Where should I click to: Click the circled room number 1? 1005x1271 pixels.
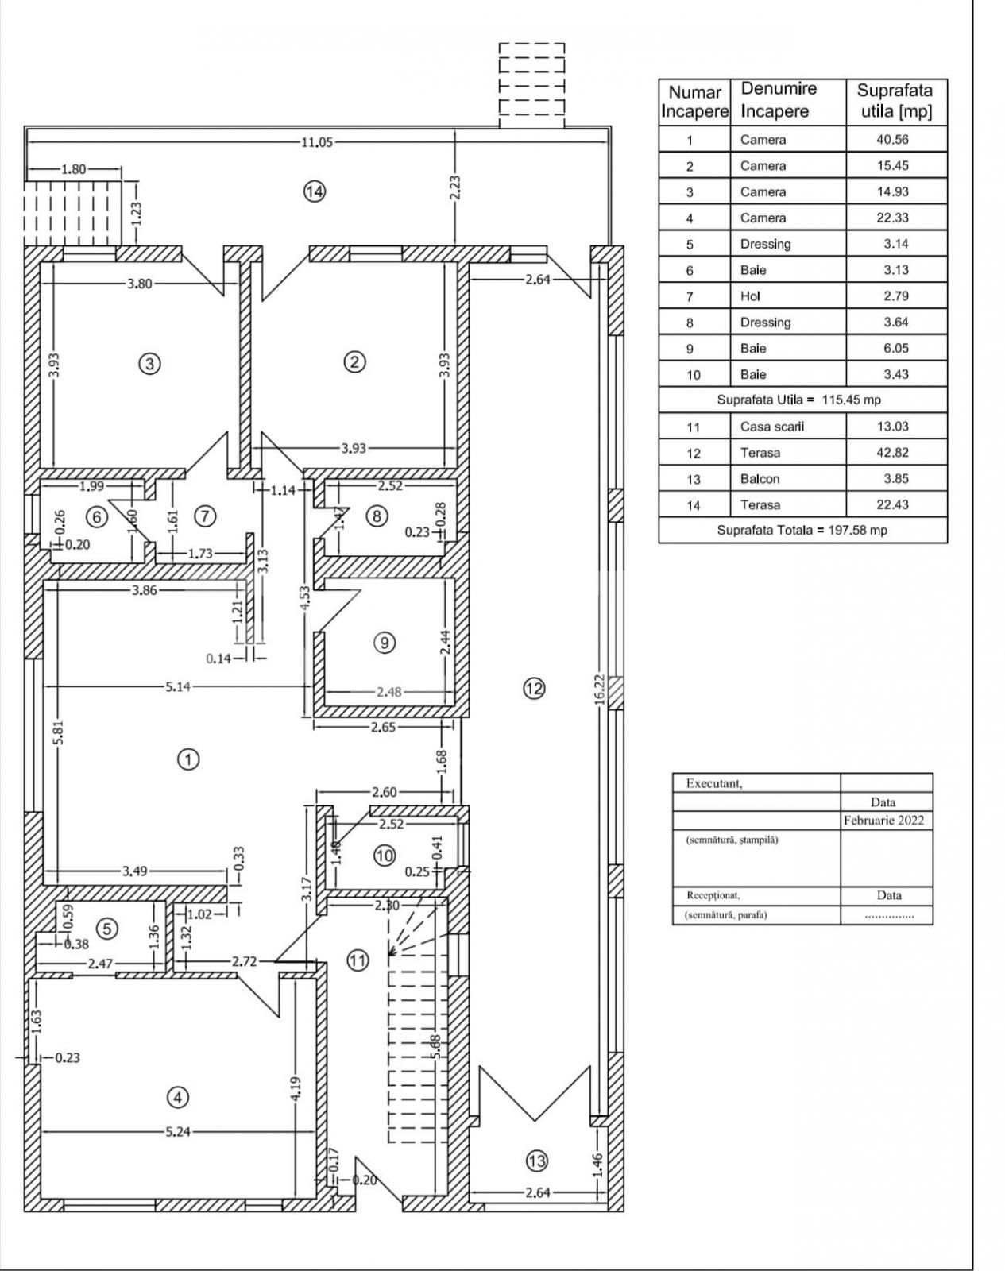pos(187,759)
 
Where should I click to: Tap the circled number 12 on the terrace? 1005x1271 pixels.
pos(534,689)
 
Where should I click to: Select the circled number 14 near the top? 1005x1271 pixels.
pos(315,191)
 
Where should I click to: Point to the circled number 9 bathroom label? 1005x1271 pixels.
pos(385,642)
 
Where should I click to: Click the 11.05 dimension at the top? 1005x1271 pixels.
pos(316,142)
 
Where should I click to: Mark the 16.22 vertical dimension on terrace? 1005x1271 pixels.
pos(600,690)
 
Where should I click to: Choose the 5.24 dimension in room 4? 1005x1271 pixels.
pos(178,1131)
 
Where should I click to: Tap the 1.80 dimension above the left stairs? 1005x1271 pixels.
pos(74,169)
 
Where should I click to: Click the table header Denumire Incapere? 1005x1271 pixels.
pos(779,100)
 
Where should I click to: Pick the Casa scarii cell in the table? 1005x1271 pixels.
pos(771,427)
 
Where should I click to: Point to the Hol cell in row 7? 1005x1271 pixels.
pos(750,296)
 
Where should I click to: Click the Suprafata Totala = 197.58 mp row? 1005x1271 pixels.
pos(802,530)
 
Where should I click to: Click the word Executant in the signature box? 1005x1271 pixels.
pos(713,783)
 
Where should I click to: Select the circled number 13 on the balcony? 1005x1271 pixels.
pos(537,1161)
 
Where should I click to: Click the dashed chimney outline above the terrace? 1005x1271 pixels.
pos(531,86)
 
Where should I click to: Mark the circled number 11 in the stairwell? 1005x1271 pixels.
pos(358,960)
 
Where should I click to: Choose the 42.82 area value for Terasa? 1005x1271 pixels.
pos(892,453)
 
